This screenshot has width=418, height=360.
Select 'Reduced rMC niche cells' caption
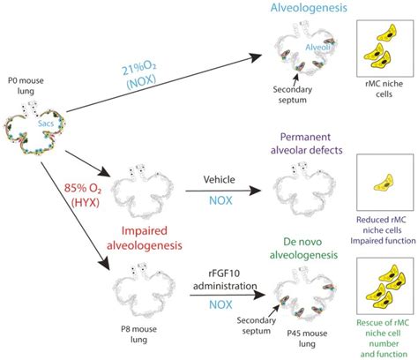[x=379, y=223]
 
